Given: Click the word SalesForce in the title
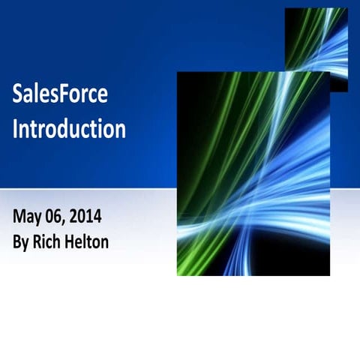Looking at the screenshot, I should coord(60,94).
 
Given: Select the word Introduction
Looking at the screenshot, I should coord(69,129).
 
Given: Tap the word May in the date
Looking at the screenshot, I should coord(27,218).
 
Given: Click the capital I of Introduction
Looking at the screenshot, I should coord(16,129).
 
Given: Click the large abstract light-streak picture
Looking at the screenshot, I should coord(253,173).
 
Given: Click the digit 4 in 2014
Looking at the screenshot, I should coord(97,217).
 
